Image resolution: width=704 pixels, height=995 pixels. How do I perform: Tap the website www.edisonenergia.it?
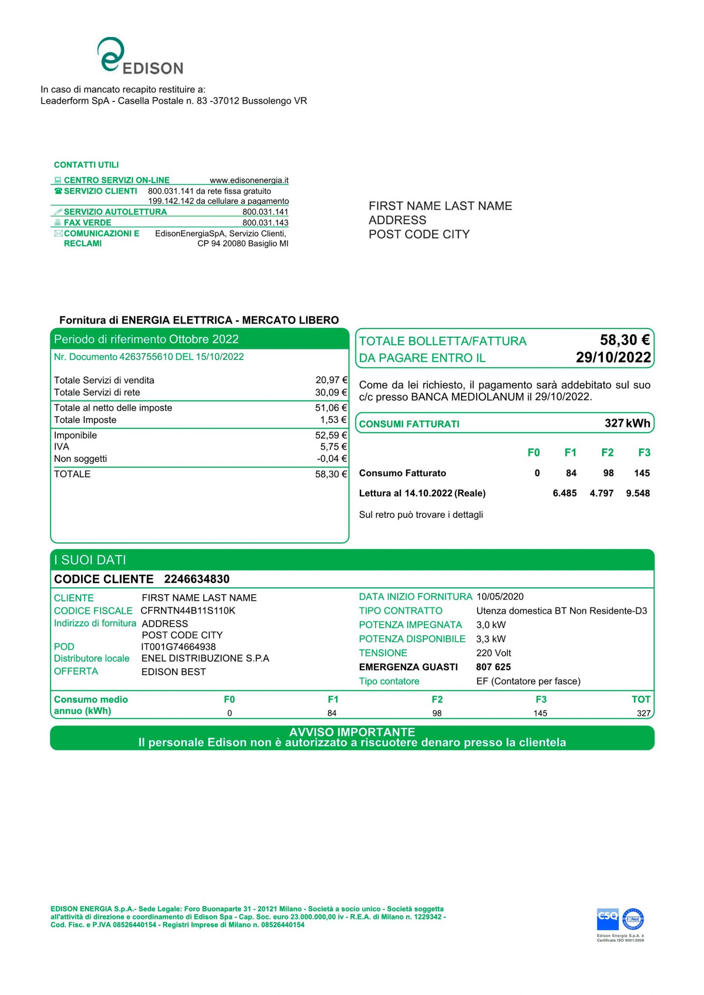click(x=249, y=180)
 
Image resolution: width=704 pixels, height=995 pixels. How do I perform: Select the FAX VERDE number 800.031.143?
click(x=265, y=223)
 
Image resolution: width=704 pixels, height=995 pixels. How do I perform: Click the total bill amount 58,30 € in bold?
click(x=624, y=340)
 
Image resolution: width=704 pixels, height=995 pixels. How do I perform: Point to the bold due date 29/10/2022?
click(x=613, y=358)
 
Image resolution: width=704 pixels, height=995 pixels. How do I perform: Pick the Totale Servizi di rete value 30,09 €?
click(x=331, y=393)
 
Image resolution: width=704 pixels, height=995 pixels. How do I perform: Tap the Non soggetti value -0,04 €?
click(x=332, y=459)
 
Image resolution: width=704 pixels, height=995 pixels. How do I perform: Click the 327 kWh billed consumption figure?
click(x=627, y=423)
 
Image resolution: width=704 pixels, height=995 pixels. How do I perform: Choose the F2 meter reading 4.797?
click(x=601, y=493)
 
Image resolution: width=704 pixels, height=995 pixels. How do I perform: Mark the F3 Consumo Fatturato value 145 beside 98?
click(x=641, y=473)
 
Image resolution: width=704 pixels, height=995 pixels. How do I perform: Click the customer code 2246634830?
click(x=196, y=579)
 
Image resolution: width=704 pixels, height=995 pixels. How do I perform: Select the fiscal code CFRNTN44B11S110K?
click(x=188, y=611)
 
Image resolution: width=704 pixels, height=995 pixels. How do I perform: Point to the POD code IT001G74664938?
click(x=178, y=647)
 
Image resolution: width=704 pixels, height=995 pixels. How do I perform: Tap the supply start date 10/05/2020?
click(x=500, y=597)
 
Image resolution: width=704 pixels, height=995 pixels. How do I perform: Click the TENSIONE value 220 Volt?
click(x=493, y=653)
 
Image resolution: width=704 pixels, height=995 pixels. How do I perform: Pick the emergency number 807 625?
click(x=493, y=667)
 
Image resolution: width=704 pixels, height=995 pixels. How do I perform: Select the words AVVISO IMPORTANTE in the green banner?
click(x=352, y=732)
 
